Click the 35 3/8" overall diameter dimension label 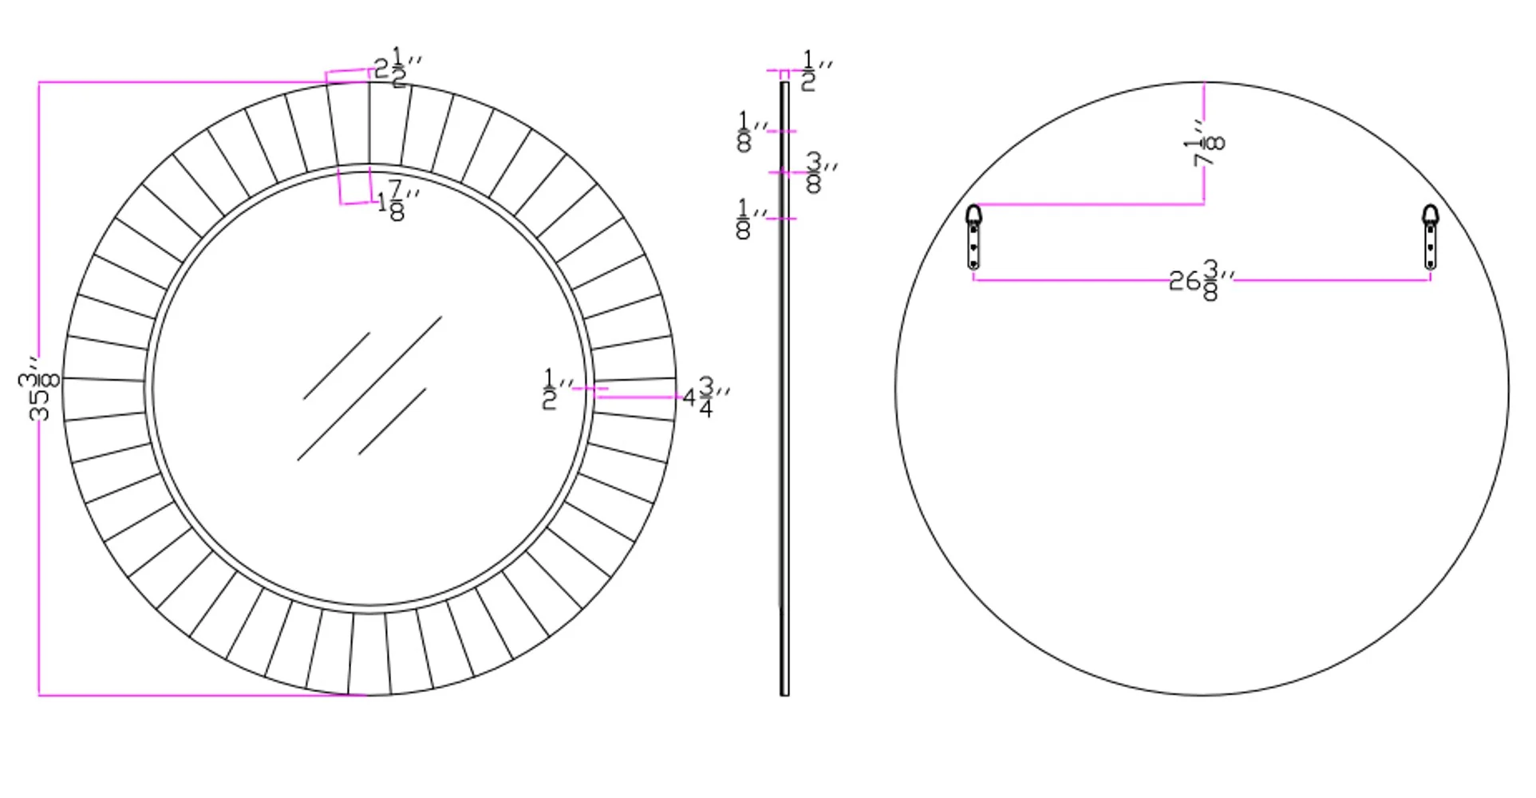[38, 389]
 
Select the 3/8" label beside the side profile [820, 172]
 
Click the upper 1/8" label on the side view [752, 132]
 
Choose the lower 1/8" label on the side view [752, 219]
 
